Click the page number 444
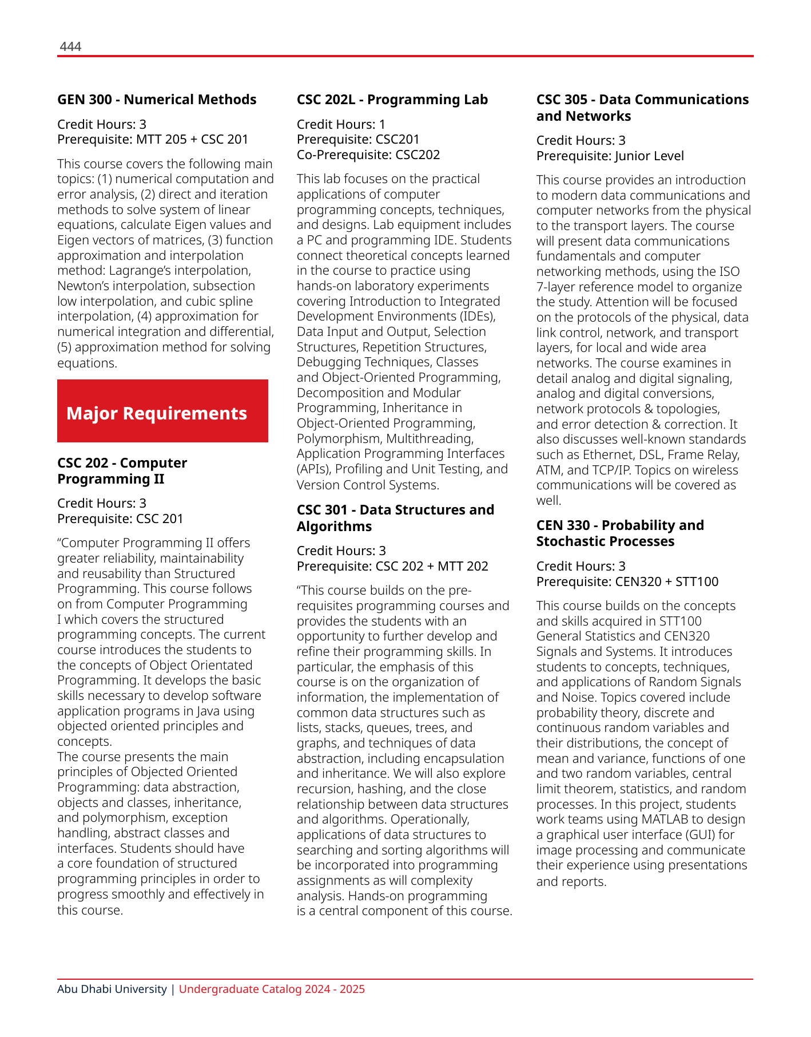70,47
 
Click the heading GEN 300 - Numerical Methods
157,100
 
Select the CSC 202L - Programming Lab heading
392,100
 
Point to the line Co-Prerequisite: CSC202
368,155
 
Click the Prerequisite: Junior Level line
610,156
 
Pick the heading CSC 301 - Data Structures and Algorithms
395,518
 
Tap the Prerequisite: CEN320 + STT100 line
627,581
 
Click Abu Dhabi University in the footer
112,989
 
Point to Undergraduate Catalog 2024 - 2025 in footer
272,989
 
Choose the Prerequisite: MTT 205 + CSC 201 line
153,139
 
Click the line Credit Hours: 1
341,124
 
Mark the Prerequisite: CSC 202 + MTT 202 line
392,566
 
